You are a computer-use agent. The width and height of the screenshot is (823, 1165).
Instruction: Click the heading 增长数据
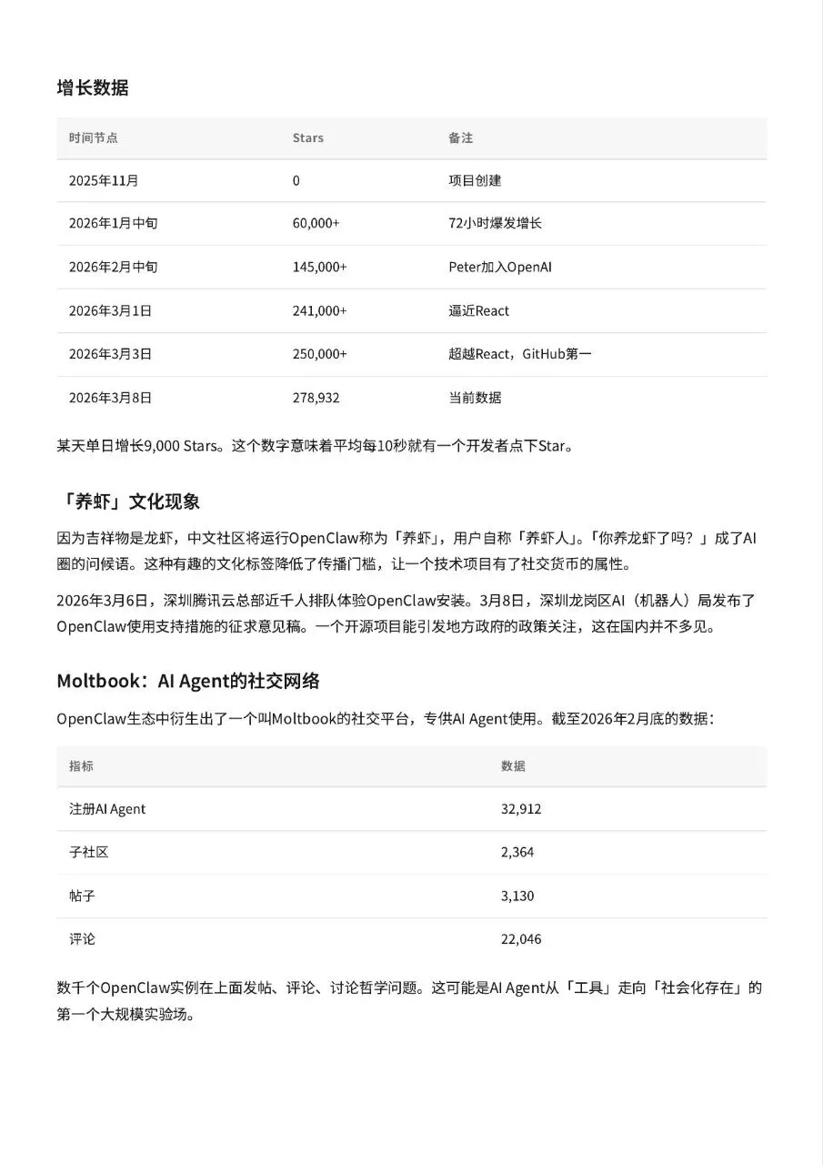pyautogui.click(x=92, y=87)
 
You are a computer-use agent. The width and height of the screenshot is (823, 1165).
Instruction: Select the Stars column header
pyautogui.click(x=307, y=137)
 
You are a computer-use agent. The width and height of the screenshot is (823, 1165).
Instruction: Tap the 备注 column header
pyautogui.click(x=460, y=137)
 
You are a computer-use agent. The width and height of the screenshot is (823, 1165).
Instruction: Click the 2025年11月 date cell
pyautogui.click(x=104, y=180)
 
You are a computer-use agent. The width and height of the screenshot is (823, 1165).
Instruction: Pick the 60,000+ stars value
pyautogui.click(x=316, y=223)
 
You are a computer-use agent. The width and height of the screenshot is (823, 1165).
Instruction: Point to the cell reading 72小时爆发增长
pyautogui.click(x=495, y=223)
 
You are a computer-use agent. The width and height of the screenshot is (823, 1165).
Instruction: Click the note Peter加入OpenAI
pyautogui.click(x=500, y=267)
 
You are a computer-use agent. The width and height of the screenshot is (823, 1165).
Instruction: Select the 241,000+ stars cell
pyautogui.click(x=319, y=310)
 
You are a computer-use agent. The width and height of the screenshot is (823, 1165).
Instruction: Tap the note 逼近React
pyautogui.click(x=478, y=310)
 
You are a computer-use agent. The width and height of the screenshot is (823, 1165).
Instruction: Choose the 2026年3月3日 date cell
pyautogui.click(x=110, y=354)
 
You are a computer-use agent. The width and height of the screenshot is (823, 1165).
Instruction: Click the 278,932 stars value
pyautogui.click(x=316, y=398)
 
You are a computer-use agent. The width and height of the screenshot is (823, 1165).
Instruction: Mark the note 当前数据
pyautogui.click(x=475, y=398)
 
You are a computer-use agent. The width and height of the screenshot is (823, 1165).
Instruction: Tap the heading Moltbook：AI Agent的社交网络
pyautogui.click(x=188, y=681)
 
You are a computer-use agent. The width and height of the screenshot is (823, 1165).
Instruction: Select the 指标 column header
pyautogui.click(x=81, y=765)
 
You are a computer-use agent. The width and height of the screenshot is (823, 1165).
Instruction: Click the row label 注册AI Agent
pyautogui.click(x=107, y=808)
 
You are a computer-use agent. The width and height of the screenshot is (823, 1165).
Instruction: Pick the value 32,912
pyautogui.click(x=520, y=808)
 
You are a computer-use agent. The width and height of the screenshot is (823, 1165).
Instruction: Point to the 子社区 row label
pyautogui.click(x=88, y=852)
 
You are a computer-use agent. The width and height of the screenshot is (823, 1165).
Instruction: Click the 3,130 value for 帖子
pyautogui.click(x=517, y=896)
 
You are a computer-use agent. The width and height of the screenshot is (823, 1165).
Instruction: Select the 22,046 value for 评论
pyautogui.click(x=520, y=938)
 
